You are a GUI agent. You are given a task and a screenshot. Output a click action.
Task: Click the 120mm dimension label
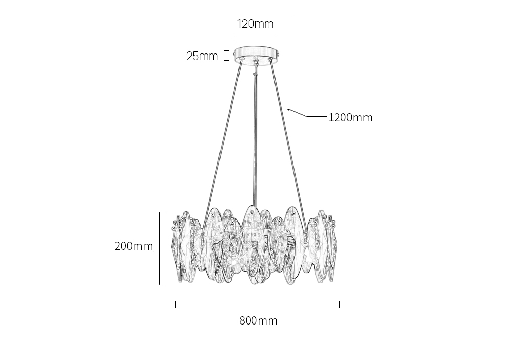pos(255,24)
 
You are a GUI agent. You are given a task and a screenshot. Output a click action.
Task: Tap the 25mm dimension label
pos(202,56)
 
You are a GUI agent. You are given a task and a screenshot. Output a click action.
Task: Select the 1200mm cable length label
pos(351,117)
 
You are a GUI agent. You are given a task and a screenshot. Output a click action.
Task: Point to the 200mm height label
pos(134,246)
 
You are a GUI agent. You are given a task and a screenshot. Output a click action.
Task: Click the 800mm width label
pos(258,320)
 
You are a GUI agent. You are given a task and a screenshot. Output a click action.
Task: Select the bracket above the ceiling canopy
pos(256,38)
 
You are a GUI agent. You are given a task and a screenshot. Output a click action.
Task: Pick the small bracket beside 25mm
pos(226,56)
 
